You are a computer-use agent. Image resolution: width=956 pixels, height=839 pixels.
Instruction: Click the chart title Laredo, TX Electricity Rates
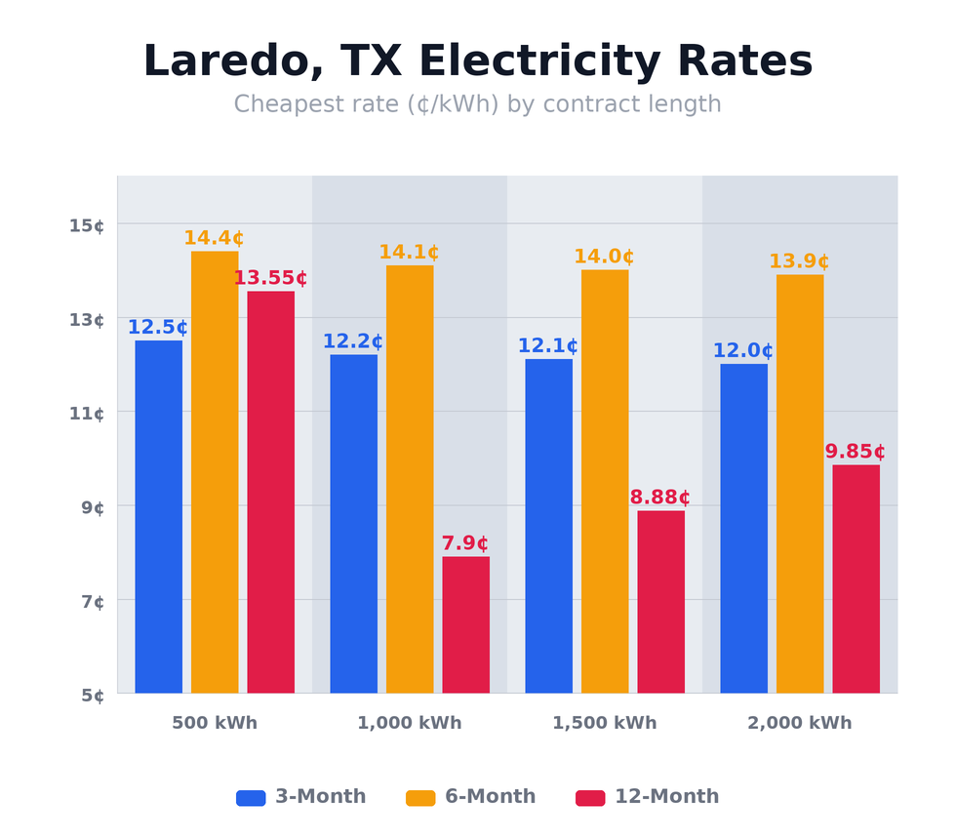(477, 62)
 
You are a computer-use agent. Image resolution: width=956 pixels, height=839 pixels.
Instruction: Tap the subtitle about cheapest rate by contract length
(477, 104)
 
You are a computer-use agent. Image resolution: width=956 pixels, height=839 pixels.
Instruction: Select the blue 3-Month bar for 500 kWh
(158, 517)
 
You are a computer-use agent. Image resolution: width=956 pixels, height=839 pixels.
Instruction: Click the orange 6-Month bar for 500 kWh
(215, 473)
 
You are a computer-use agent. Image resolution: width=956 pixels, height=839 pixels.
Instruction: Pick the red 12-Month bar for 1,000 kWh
(465, 625)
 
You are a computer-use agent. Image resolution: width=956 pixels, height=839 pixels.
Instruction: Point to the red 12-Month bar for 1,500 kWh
(660, 602)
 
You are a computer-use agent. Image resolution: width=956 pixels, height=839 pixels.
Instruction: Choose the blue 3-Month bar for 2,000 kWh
(743, 529)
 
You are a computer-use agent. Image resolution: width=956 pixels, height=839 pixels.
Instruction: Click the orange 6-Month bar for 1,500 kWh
(605, 482)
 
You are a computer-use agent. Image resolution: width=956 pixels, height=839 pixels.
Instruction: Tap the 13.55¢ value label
(270, 278)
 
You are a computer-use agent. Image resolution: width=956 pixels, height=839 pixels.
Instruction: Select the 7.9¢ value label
(465, 543)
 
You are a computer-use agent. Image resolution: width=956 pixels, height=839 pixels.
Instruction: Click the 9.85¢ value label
(856, 452)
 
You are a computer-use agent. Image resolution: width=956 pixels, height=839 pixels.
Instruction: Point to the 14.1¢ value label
(409, 253)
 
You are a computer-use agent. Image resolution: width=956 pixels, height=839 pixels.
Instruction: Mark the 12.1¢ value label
(548, 346)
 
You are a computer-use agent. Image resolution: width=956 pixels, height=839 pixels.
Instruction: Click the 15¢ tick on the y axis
(87, 225)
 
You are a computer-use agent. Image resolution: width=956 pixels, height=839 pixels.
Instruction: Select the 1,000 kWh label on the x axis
(410, 723)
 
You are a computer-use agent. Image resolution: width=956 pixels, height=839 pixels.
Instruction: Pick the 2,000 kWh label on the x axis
(800, 723)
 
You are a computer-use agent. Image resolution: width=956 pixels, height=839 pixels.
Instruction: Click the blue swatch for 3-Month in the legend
(251, 798)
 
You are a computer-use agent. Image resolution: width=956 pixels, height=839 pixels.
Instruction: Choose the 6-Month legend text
(490, 797)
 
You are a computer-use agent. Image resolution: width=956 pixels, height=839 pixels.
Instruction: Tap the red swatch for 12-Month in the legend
(590, 798)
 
